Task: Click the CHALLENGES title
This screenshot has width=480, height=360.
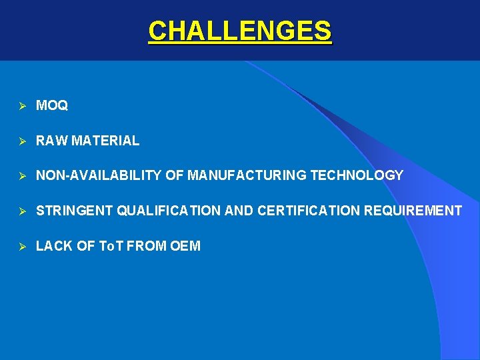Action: [x=239, y=31]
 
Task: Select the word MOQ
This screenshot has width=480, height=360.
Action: [x=52, y=105]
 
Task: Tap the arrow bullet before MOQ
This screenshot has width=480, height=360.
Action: [x=21, y=105]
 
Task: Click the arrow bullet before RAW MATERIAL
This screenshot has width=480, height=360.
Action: [x=21, y=141]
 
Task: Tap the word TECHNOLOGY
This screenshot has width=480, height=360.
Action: [x=357, y=175]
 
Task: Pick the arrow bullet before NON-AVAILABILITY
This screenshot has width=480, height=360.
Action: [x=21, y=176]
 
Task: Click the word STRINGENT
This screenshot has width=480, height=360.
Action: [x=75, y=211]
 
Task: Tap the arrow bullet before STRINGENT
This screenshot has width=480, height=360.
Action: [x=21, y=211]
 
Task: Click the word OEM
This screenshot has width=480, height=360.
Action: [x=185, y=246]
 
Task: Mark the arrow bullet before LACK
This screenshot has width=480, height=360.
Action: [x=21, y=247]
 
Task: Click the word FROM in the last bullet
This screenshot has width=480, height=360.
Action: [x=146, y=246]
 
